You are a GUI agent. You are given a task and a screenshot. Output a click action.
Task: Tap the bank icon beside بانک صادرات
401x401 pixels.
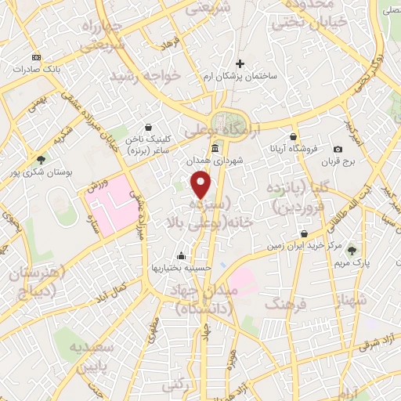(x=36, y=58)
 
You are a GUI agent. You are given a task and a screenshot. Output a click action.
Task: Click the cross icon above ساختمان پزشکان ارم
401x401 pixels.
(x=240, y=63)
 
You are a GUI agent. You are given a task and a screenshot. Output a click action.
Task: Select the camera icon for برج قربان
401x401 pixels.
(x=338, y=149)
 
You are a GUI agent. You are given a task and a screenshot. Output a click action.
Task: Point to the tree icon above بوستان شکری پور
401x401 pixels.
(x=41, y=159)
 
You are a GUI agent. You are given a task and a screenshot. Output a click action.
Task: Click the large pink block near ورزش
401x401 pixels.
(x=109, y=200)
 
